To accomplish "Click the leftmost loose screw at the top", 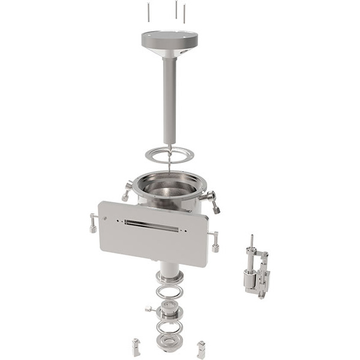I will click(147, 11).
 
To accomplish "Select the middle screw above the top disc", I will click(176, 8).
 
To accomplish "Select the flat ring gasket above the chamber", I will click(170, 154).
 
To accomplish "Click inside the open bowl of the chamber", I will click(168, 189).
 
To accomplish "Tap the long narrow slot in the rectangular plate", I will click(152, 226).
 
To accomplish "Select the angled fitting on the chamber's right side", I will click(211, 201).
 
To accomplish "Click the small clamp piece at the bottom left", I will click(136, 346).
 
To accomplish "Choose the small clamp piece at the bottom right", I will click(201, 349).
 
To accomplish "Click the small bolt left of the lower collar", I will click(148, 309).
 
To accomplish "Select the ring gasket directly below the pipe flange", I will click(169, 293).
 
